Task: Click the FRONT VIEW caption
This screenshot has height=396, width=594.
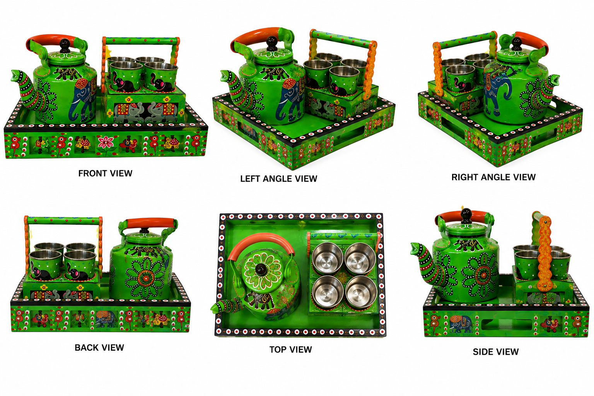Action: (x=105, y=174)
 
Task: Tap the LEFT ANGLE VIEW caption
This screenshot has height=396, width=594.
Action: (x=279, y=179)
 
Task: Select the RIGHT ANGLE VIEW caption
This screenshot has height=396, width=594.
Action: (x=493, y=177)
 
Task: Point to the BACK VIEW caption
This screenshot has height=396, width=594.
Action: (x=99, y=347)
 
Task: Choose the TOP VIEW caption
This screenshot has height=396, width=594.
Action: (x=291, y=350)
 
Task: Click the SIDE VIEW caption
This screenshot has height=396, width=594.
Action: (x=496, y=352)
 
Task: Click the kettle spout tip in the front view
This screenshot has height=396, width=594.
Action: (x=15, y=74)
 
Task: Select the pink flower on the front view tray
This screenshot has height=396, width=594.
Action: (x=105, y=142)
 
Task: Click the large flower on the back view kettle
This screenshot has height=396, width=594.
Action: (x=145, y=278)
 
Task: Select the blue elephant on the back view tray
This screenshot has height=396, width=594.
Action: (x=106, y=319)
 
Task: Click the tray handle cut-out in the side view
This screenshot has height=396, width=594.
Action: (x=507, y=324)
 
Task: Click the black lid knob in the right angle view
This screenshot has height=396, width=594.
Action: (x=516, y=44)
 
